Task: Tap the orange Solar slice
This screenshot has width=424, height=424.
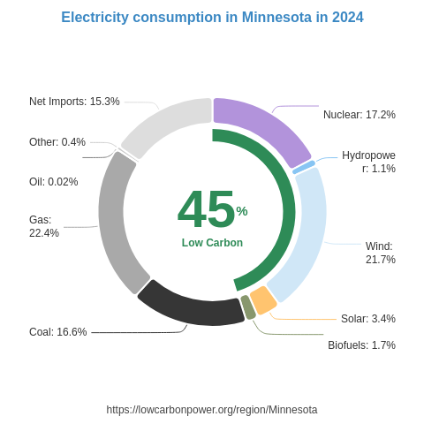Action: coord(263,300)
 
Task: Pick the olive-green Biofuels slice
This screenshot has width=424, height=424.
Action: coord(248,307)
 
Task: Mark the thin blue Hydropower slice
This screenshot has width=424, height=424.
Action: coord(304,166)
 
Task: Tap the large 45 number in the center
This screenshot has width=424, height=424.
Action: coord(207,209)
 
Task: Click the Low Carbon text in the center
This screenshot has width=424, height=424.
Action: coord(212,243)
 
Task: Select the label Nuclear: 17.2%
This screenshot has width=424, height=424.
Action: coord(359,115)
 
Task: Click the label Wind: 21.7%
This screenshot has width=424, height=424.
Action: coord(380,253)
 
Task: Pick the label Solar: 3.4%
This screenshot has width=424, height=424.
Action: coord(367,319)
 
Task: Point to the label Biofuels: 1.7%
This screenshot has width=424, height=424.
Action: coord(361,345)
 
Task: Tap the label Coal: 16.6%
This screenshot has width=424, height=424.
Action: coord(58,332)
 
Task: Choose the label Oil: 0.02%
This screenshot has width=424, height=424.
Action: coord(53,182)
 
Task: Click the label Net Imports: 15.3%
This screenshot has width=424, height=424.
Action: coord(74,102)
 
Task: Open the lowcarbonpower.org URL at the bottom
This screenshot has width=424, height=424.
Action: coord(212,410)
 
